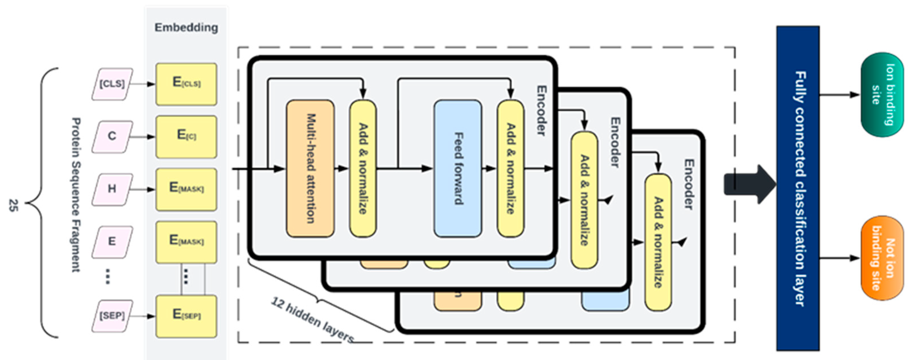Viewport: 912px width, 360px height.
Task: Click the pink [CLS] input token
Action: point(112,84)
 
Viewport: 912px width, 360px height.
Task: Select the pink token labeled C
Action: point(112,136)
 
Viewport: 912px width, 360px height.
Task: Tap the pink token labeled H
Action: point(112,189)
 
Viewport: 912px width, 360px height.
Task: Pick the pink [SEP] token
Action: point(112,315)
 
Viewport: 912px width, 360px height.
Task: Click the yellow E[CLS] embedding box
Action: point(186,84)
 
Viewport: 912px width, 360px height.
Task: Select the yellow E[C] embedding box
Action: point(186,136)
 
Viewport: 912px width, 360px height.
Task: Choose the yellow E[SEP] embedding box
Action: point(186,315)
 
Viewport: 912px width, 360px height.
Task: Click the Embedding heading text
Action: point(186,28)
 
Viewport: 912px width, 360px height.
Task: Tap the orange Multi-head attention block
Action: point(310,169)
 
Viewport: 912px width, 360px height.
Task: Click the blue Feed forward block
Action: point(458,169)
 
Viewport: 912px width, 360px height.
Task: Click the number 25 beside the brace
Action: point(13,205)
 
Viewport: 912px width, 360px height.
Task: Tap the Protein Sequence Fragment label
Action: point(76,195)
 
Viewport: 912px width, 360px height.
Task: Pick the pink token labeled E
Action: point(112,241)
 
